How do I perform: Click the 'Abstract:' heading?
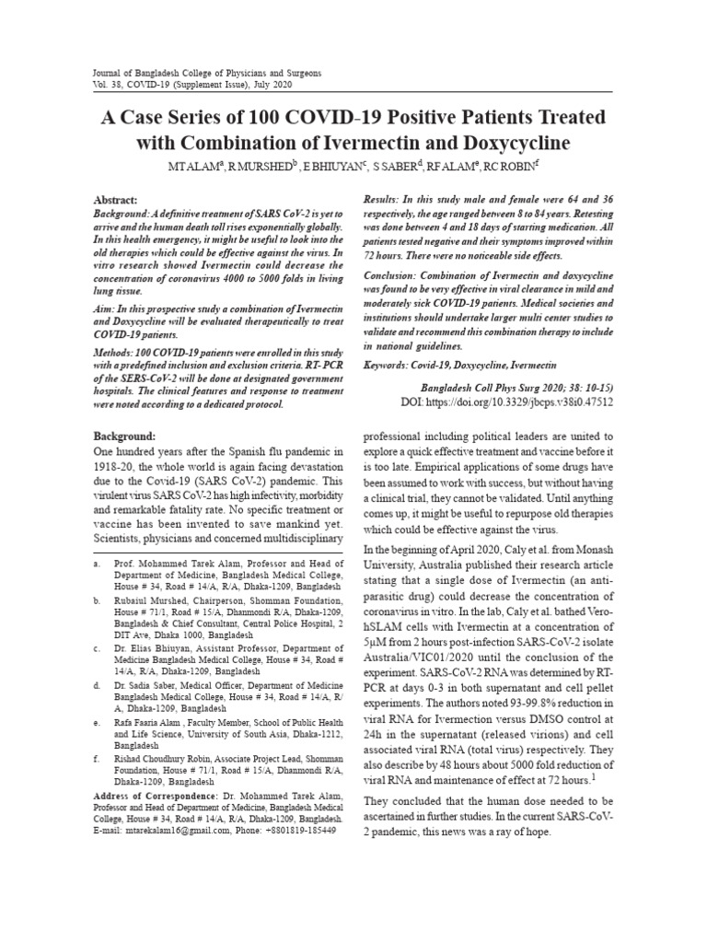pos(116,200)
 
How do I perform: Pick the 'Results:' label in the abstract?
pos(389,200)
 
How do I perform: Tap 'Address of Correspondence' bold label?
pos(155,795)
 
